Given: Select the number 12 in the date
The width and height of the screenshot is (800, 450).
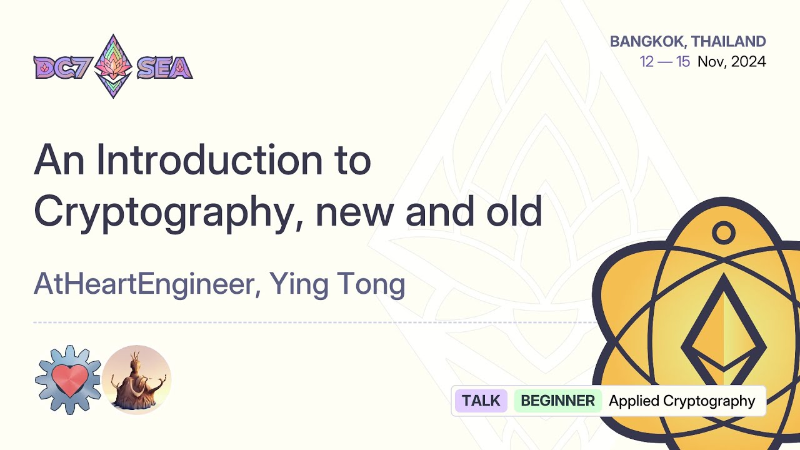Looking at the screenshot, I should (x=647, y=62).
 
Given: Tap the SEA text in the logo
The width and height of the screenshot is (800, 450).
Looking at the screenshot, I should (x=164, y=67).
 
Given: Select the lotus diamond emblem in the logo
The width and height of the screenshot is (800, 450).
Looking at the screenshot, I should (x=113, y=66).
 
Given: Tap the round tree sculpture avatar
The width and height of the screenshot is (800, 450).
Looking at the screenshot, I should (x=136, y=379).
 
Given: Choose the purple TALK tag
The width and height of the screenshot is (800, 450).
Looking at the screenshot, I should (x=481, y=401).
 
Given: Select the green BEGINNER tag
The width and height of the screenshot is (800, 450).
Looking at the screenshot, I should (x=557, y=401).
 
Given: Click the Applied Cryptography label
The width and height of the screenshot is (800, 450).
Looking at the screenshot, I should (x=682, y=401).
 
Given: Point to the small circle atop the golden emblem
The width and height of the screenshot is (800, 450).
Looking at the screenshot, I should (x=723, y=234).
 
